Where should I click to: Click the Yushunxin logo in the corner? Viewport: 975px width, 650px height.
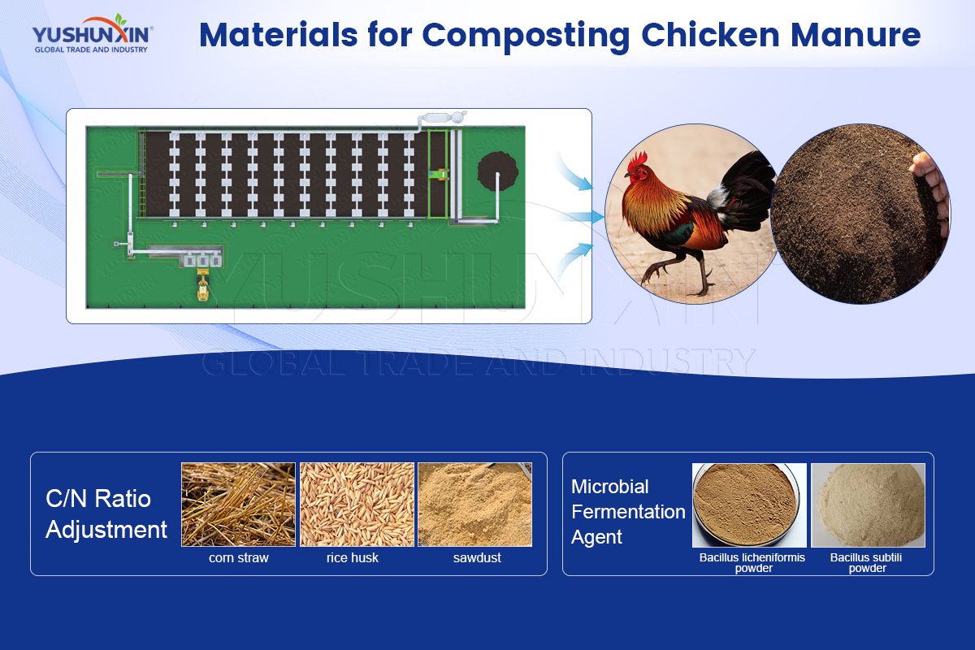point(93,34)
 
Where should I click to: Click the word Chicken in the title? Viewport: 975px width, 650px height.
point(710,35)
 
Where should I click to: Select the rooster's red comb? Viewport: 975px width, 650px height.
point(639,159)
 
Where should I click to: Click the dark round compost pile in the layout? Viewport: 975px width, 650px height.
point(497,171)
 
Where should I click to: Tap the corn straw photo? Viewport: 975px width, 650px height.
point(238,504)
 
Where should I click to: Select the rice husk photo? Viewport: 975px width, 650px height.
point(357,504)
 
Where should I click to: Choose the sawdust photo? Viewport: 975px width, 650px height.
point(474,504)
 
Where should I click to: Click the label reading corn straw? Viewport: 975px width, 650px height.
point(239,557)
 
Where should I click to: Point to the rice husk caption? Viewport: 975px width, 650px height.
point(353,557)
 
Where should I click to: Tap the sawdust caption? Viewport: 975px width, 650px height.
point(477,557)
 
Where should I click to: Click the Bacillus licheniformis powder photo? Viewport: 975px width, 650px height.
point(749,505)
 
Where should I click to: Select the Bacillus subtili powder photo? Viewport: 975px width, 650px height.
point(868,505)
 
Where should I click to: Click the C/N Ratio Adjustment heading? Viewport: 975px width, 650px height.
point(106,513)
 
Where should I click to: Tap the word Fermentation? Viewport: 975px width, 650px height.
point(628,512)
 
